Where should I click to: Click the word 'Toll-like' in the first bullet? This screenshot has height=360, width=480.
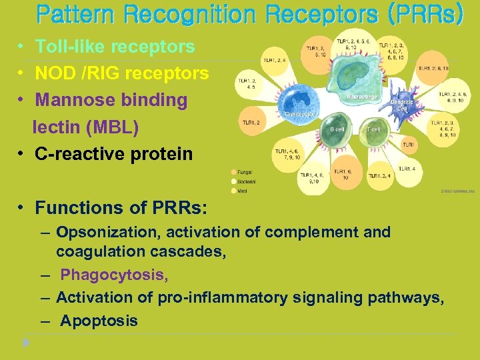click(67, 47)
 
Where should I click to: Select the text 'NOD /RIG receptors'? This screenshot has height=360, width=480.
click(121, 73)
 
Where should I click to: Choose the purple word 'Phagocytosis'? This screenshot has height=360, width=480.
click(114, 275)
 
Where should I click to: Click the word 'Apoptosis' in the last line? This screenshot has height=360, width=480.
click(99, 321)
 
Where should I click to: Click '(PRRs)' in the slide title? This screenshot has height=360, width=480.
click(423, 15)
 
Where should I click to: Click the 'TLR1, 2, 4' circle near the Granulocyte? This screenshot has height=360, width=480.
click(274, 60)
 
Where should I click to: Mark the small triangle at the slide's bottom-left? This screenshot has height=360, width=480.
click(26, 343)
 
